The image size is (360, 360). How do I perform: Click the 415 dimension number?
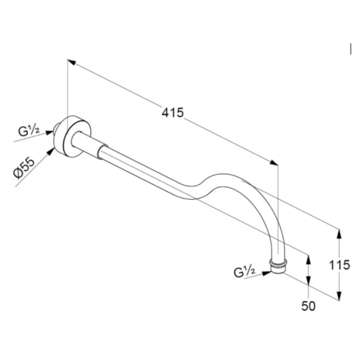[x=173, y=112]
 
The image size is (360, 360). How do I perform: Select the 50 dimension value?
[x=308, y=306]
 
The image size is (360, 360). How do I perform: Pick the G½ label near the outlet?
[x=245, y=272]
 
